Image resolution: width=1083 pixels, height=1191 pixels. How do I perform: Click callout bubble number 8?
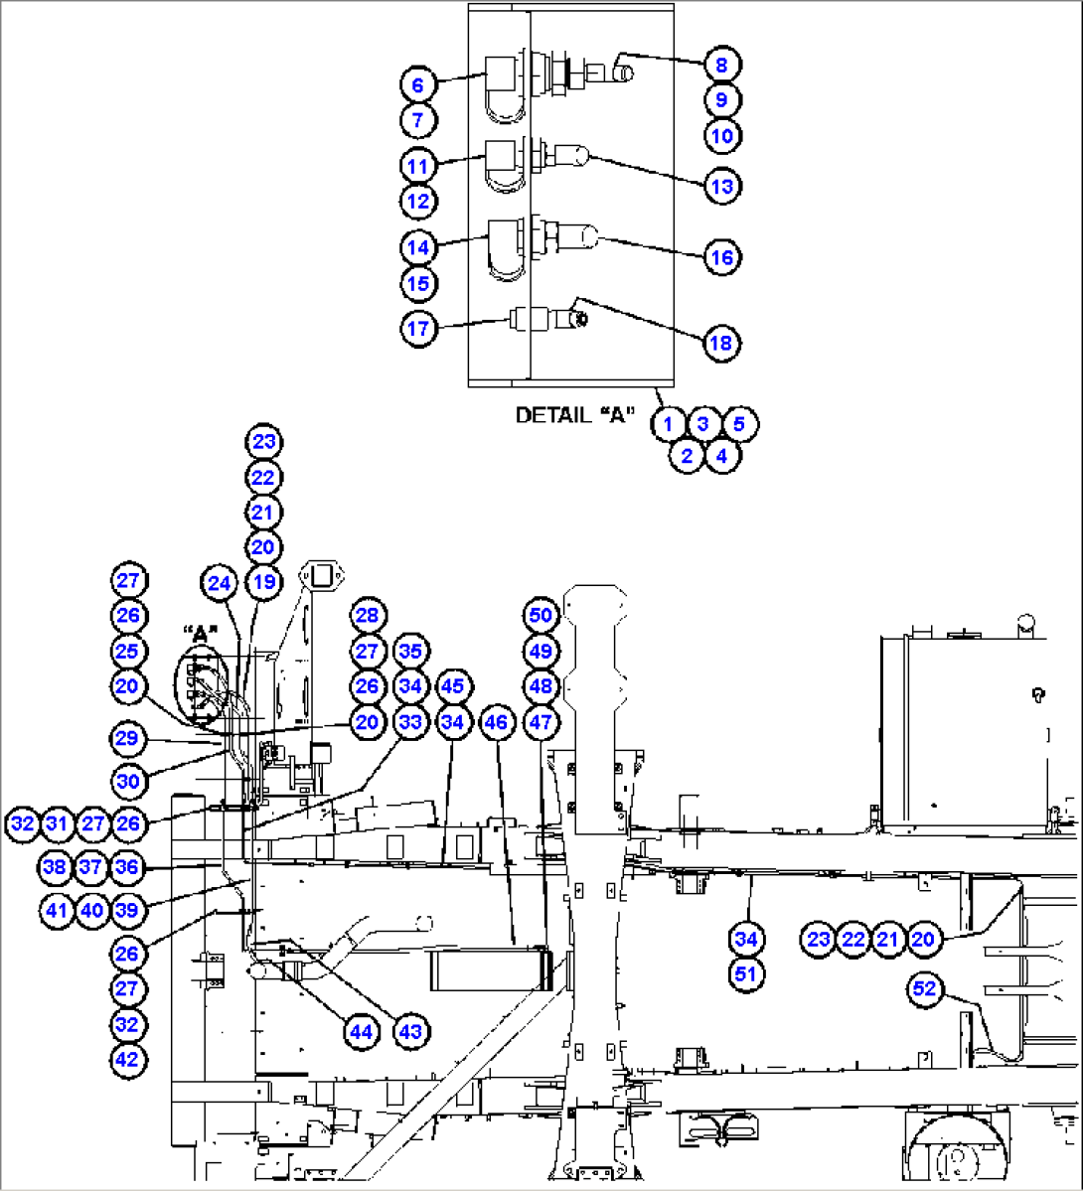tap(721, 65)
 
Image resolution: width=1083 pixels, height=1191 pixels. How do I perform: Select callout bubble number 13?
tap(721, 186)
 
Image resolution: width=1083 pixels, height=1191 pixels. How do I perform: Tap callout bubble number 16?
tap(721, 257)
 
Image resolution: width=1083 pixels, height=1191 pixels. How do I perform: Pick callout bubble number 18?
tap(720, 343)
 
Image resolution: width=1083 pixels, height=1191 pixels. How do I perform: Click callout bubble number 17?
tap(418, 328)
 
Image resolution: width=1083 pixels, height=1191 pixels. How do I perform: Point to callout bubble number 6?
tap(417, 84)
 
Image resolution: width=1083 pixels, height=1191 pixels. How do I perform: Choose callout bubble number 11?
tap(417, 166)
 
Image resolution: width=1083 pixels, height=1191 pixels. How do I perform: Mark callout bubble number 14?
tap(418, 247)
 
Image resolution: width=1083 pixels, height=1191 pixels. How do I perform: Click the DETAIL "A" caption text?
tap(574, 415)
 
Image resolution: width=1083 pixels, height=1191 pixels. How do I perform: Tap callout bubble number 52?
tap(924, 988)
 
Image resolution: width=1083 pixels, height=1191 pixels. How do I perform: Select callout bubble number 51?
tap(745, 973)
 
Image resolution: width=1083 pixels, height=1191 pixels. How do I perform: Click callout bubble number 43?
tap(409, 1031)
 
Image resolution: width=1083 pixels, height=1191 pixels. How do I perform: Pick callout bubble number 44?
tap(361, 1031)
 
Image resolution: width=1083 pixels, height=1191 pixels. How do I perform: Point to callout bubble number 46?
tap(496, 721)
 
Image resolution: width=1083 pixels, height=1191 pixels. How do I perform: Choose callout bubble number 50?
tap(541, 615)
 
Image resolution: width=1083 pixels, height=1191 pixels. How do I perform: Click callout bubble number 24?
tap(219, 583)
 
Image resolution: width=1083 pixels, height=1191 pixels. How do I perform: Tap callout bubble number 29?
tap(127, 737)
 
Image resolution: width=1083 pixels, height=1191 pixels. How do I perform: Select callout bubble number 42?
tap(128, 1060)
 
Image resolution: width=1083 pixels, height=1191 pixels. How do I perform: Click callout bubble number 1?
tap(669, 424)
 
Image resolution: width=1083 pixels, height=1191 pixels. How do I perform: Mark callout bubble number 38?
tap(55, 866)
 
